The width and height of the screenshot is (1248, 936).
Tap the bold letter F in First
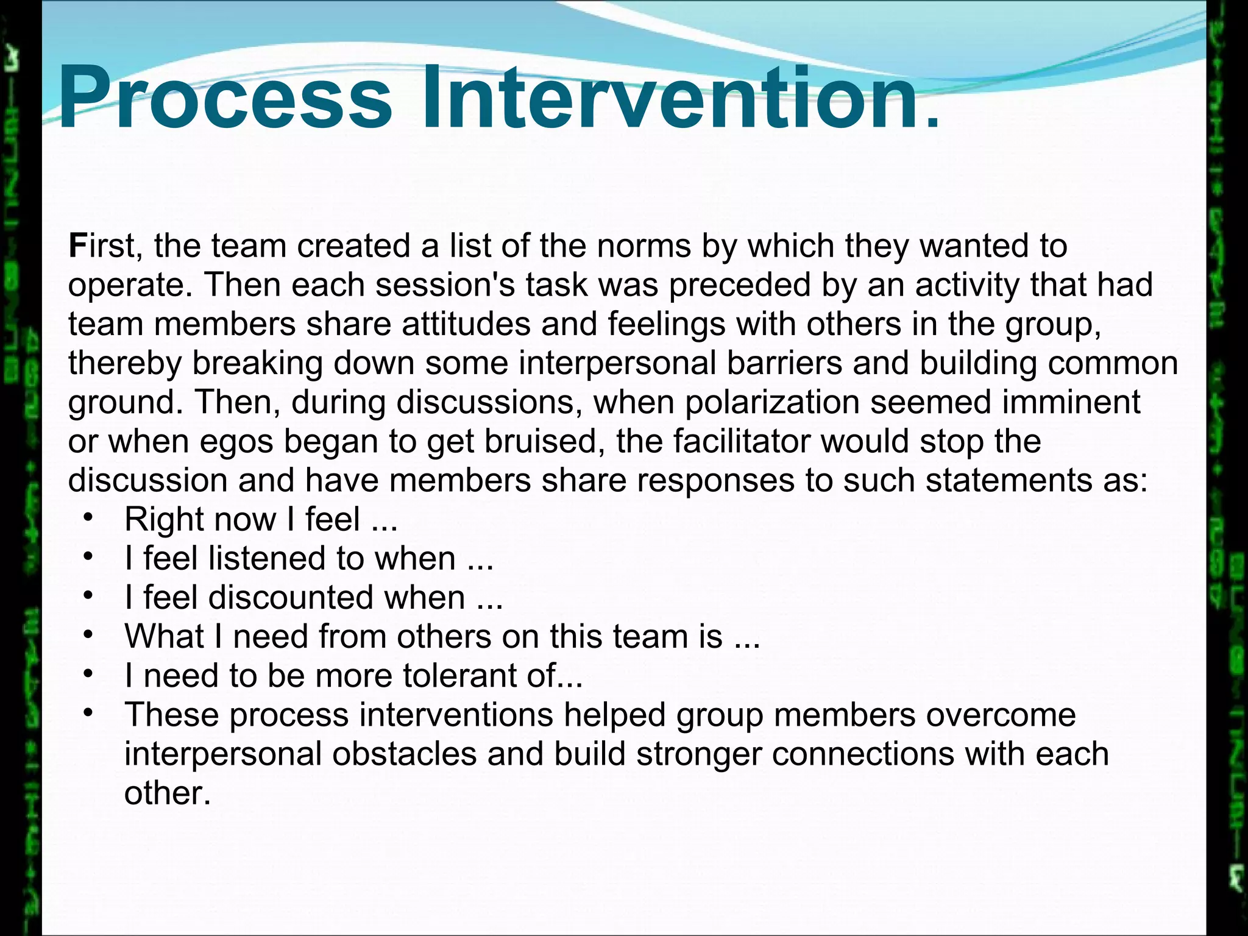click(x=77, y=246)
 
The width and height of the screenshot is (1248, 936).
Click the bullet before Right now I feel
click(x=88, y=518)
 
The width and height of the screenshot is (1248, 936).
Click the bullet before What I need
click(x=88, y=635)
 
